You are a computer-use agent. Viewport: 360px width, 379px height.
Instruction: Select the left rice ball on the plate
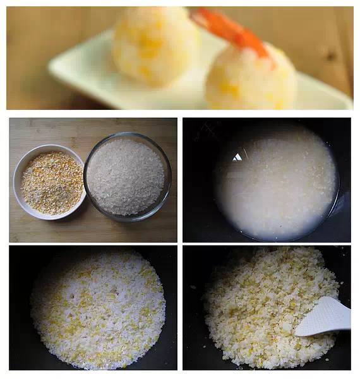155,45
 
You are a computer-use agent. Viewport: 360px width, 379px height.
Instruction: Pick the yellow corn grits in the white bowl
52,183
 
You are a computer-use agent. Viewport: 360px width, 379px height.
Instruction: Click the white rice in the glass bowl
126,176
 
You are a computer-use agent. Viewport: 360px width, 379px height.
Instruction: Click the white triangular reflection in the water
237,157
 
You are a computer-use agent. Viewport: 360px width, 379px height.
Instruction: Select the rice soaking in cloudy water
278,186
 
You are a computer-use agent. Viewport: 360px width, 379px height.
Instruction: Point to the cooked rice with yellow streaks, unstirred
98,310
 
